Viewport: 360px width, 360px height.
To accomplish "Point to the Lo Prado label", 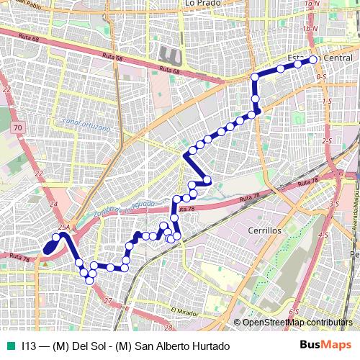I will pyautogui.click(x=201, y=4).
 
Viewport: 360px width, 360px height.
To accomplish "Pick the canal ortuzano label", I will pyautogui.click(x=86, y=127).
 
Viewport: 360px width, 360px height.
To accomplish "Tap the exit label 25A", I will pyautogui.click(x=63, y=228).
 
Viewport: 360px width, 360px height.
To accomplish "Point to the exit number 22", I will pyautogui.click(x=7, y=89).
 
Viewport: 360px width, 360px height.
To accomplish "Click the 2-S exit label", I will pyautogui.click(x=327, y=141).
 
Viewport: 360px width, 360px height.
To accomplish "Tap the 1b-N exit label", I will pyautogui.click(x=310, y=28).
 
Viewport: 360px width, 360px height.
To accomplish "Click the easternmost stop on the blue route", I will pyautogui.click(x=312, y=60).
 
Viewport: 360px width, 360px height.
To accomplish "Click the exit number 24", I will pyautogui.click(x=53, y=204).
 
